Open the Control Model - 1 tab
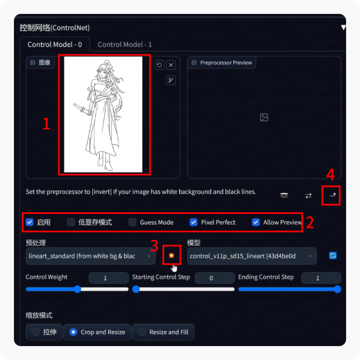[x=125, y=44]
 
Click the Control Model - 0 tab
[x=54, y=44]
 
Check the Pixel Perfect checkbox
[x=193, y=222]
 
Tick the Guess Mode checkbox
[x=132, y=222]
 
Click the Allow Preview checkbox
[x=256, y=222]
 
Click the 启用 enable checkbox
[x=30, y=222]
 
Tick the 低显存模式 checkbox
[x=71, y=222]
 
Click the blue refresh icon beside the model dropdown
[x=333, y=256]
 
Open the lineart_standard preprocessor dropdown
[x=90, y=256]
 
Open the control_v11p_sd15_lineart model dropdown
[x=252, y=256]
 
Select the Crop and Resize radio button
[x=73, y=332]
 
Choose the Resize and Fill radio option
[x=141, y=332]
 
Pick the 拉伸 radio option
[x=35, y=332]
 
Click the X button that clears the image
[x=171, y=65]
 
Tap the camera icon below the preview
[x=284, y=195]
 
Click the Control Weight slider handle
[x=78, y=289]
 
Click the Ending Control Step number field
[x=321, y=278]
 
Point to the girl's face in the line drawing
[x=102, y=73]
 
